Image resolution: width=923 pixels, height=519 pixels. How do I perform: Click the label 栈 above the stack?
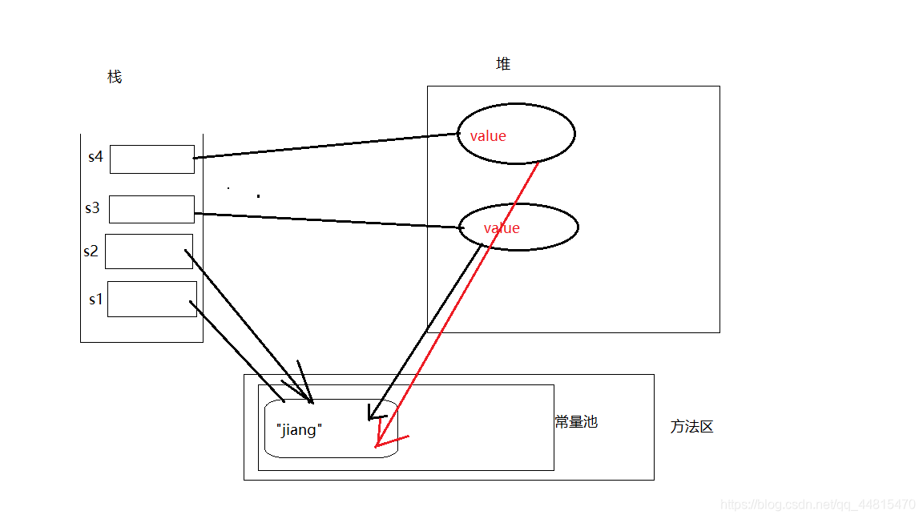click(x=115, y=77)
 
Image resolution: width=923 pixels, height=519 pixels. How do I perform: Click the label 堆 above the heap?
click(x=503, y=64)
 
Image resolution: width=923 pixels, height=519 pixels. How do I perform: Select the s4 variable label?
click(x=95, y=157)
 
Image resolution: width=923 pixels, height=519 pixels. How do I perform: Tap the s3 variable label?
click(x=93, y=208)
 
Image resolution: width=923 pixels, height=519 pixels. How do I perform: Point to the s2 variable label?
click(x=91, y=251)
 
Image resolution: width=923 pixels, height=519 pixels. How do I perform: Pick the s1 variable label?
click(x=96, y=300)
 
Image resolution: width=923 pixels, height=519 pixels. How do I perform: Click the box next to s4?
click(x=151, y=159)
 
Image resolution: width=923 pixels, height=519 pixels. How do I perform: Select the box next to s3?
click(x=151, y=209)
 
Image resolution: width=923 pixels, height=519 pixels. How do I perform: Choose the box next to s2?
click(x=148, y=251)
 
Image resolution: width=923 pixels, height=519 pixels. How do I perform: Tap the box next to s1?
click(x=151, y=299)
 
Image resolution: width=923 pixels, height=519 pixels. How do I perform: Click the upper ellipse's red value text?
click(x=488, y=136)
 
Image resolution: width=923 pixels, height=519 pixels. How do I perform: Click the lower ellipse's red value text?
click(x=502, y=228)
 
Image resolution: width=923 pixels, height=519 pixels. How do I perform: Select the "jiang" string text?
click(x=298, y=430)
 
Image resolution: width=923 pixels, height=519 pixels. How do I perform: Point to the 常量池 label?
click(x=576, y=422)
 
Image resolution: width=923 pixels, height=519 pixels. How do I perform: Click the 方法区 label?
click(x=691, y=427)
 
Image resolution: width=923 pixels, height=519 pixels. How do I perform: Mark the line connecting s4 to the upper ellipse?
click(x=324, y=146)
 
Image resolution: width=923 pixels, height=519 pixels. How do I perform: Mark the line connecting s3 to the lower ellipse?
click(x=328, y=220)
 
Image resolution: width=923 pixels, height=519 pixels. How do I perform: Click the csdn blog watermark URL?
click(x=817, y=505)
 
